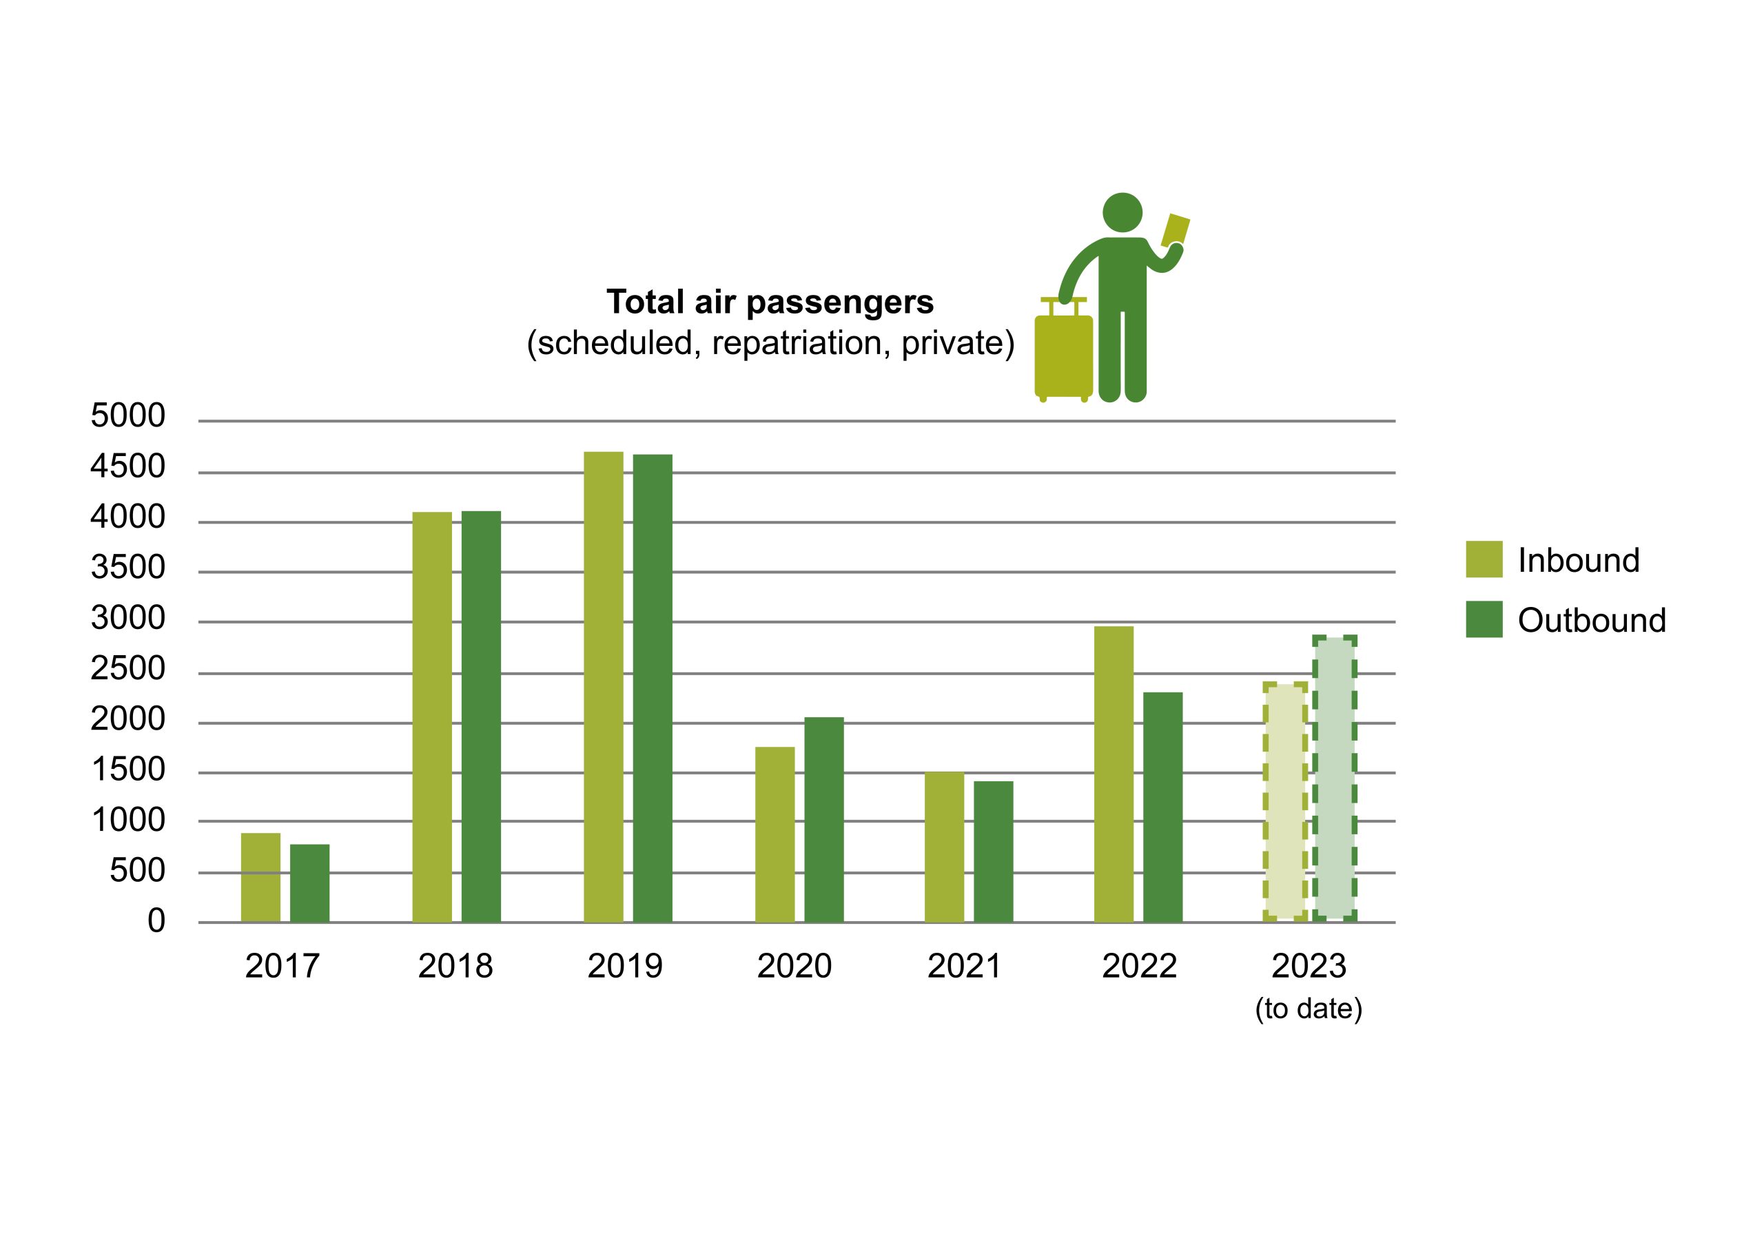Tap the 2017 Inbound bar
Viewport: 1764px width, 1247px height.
coord(260,878)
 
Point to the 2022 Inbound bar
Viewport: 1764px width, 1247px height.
coord(1114,774)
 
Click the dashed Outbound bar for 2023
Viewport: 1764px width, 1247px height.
coord(1335,778)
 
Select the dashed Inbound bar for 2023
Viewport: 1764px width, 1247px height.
coord(1284,801)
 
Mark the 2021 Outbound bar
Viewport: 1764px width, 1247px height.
coord(994,852)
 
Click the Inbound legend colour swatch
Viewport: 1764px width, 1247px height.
coord(1484,559)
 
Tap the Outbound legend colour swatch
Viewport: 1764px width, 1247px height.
coord(1484,619)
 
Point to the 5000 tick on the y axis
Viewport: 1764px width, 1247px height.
coord(127,415)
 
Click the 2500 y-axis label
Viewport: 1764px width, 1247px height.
coord(127,669)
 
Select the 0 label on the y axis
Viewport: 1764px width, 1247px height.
coord(156,920)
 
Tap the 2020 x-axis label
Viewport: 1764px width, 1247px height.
coord(794,966)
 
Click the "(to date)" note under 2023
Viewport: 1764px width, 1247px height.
coord(1309,1009)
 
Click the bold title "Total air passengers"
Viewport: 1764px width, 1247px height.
coord(770,302)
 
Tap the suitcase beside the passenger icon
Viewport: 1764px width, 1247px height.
coord(1063,355)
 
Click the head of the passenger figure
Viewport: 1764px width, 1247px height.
coord(1122,212)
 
